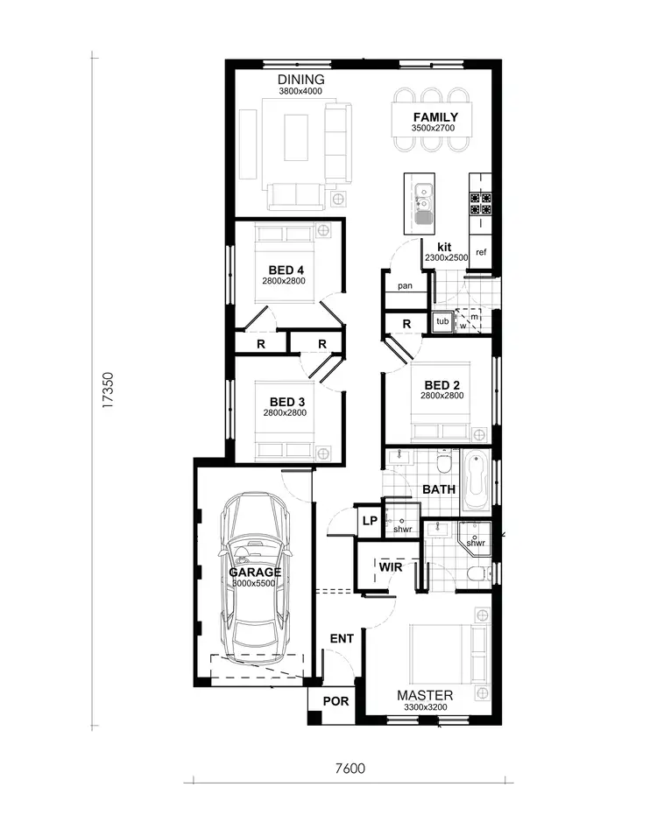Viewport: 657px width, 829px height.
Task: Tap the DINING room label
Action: click(x=300, y=81)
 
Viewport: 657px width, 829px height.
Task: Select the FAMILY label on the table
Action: click(x=434, y=117)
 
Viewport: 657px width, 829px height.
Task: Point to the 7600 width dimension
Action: click(x=349, y=769)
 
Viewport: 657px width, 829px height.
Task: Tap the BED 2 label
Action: click(x=442, y=384)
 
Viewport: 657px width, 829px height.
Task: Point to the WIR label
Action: click(x=391, y=566)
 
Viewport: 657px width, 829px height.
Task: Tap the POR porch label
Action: click(x=336, y=702)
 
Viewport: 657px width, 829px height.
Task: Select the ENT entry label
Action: click(x=341, y=639)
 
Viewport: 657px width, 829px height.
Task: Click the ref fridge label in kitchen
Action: click(x=481, y=253)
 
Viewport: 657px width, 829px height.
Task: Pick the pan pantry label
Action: click(x=405, y=286)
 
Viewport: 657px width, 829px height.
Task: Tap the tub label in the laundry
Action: click(x=442, y=321)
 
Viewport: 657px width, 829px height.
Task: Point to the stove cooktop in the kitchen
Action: click(x=480, y=203)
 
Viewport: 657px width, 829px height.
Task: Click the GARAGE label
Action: click(x=255, y=573)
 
